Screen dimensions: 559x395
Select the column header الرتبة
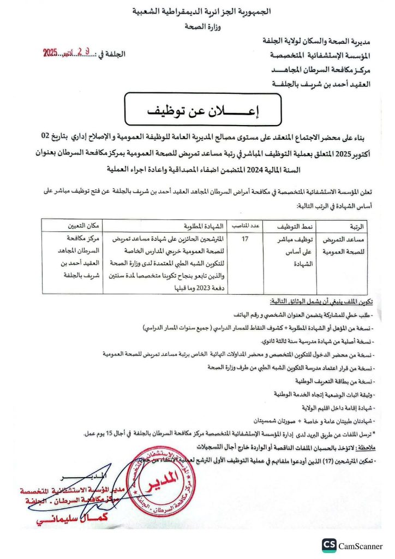(358, 225)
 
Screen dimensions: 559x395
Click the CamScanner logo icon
(328, 545)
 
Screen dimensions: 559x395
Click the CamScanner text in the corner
(364, 545)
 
